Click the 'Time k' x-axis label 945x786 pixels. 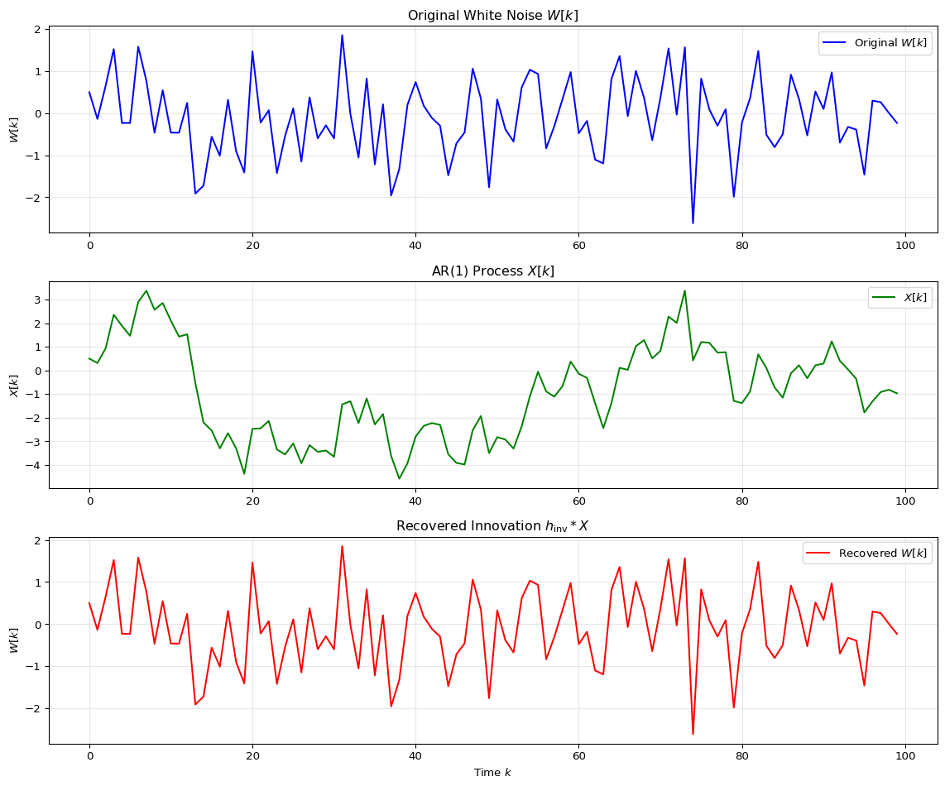tap(493, 773)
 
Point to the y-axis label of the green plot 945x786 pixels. tap(14, 385)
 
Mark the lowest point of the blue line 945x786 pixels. tap(693, 223)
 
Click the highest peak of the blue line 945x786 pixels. tap(342, 35)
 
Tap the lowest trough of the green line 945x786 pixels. tap(399, 479)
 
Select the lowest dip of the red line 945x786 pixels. tap(693, 734)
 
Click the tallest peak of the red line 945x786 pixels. tap(342, 545)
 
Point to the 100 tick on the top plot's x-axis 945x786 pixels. tap(905, 246)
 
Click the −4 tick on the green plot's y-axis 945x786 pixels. tap(36, 466)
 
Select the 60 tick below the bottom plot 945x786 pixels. tap(579, 756)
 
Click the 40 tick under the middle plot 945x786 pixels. tap(415, 501)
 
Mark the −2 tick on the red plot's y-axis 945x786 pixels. tap(36, 708)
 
